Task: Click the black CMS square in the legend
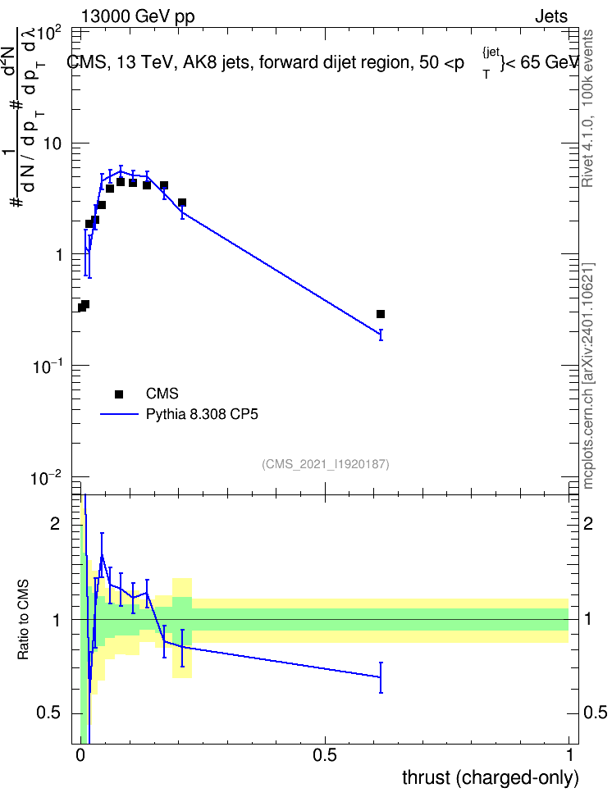pos(119,394)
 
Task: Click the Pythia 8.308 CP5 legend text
pos(202,414)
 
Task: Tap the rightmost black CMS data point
pos(381,314)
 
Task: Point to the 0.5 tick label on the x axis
pos(325,755)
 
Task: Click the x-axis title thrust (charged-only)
pos(491,777)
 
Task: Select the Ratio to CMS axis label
pos(23,620)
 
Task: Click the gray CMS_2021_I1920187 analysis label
pos(326,464)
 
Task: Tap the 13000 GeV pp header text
pos(138,17)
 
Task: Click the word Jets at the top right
pos(551,16)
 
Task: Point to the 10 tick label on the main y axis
pos(52,143)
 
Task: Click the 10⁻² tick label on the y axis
pos(46,478)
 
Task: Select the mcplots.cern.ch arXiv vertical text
pos(588,376)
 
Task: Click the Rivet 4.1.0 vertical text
pos(587,108)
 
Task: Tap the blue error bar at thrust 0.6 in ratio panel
pos(381,677)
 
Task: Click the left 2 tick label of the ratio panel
pos(55,523)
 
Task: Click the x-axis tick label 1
pos(569,755)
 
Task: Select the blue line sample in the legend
pos(119,414)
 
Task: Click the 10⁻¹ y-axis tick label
pos(47,366)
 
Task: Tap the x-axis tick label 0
pos(80,755)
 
